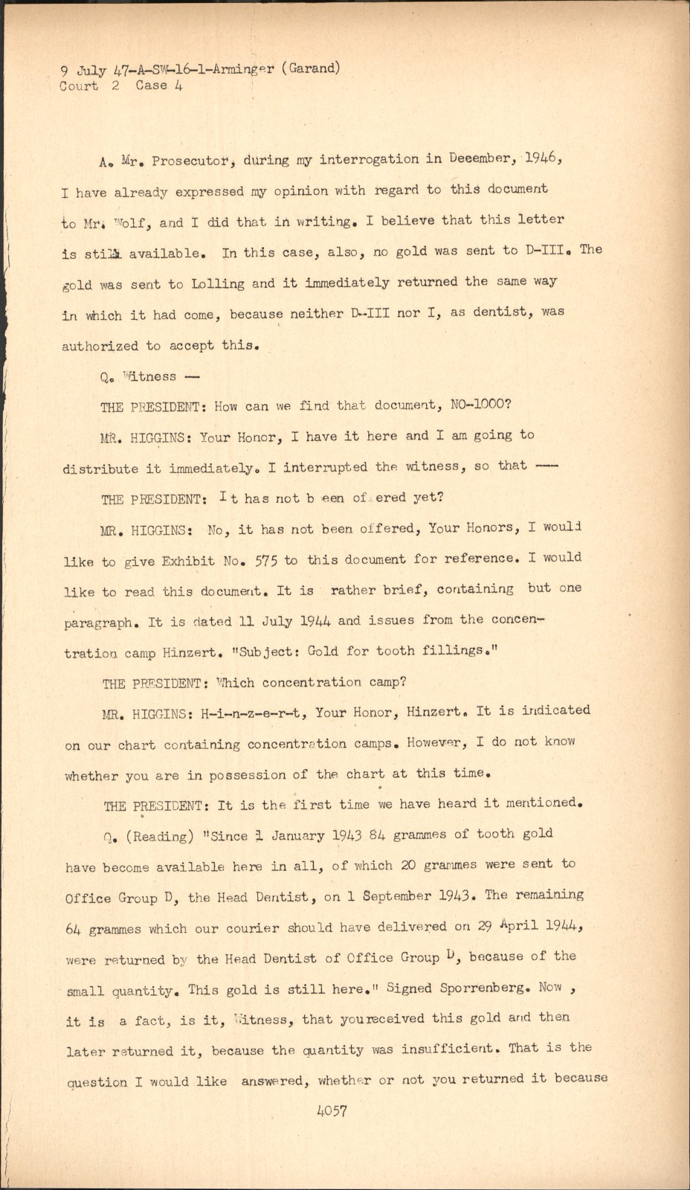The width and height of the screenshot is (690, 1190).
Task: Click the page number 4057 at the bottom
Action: (332, 1111)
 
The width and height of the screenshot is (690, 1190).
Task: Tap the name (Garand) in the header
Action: (311, 68)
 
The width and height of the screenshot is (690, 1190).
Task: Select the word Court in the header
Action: (79, 86)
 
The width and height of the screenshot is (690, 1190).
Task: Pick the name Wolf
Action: (130, 222)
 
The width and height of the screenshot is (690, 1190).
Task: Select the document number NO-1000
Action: (480, 405)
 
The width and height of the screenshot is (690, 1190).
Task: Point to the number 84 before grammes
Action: (376, 834)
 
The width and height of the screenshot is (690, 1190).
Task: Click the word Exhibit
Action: (189, 561)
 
